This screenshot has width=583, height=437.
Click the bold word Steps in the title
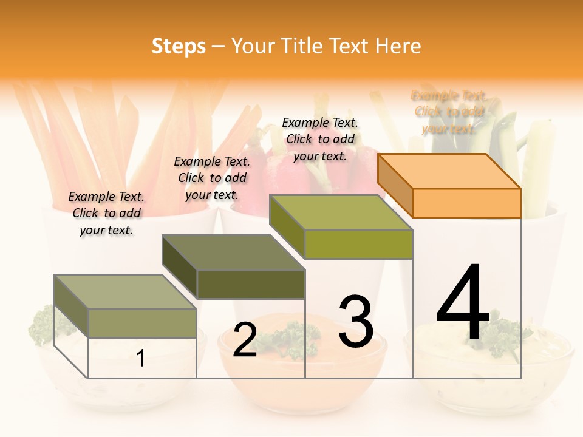179,46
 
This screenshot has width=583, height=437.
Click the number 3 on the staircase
356,322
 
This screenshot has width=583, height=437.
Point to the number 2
245,340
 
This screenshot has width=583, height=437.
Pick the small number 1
141,359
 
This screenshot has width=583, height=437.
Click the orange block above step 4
449,185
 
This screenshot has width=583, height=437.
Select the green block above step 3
341,227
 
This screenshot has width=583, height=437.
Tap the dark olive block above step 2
234,267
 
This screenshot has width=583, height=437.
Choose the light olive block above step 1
126,307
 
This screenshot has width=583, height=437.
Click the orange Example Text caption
449,112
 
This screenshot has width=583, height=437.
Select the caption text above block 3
320,139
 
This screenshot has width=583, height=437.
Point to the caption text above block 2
212,178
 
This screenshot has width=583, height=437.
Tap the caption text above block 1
106,213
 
